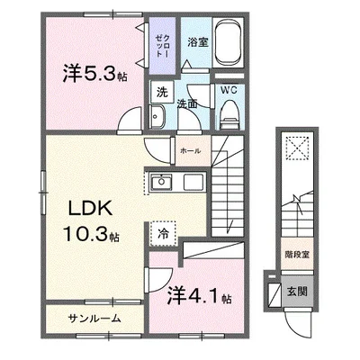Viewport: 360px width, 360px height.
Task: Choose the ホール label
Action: (190, 150)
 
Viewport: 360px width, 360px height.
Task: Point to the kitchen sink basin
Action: (163, 184)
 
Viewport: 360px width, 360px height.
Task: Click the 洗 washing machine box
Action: (161, 92)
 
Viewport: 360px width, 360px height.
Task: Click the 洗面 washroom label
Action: (189, 105)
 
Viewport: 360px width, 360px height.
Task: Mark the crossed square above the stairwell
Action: (297, 148)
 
